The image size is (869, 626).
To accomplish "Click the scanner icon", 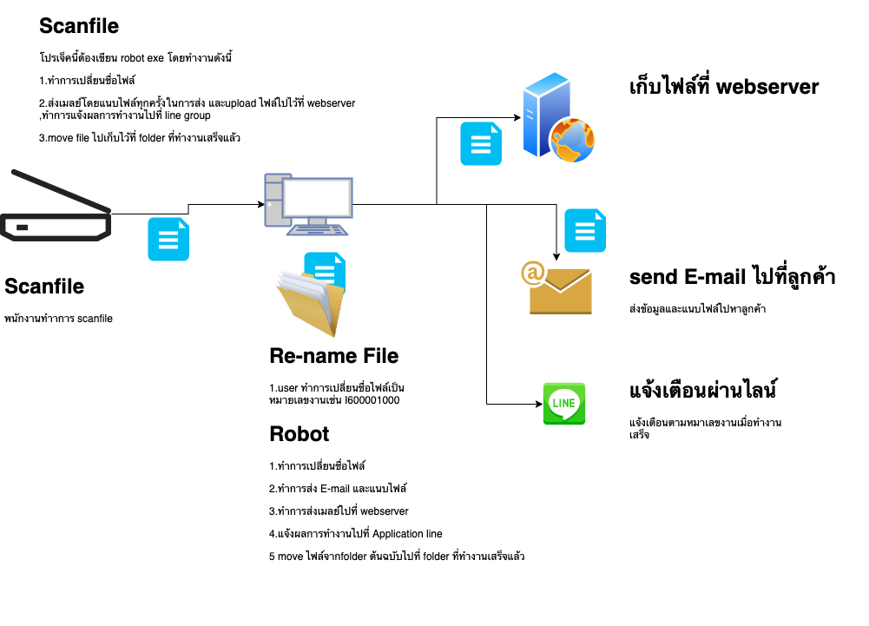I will [x=56, y=209].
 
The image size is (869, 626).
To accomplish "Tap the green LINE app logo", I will [x=563, y=404].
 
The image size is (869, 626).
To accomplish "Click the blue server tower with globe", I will [x=556, y=120].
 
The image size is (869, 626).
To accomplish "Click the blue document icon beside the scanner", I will [x=168, y=240].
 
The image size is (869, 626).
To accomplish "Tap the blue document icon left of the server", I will [x=480, y=143].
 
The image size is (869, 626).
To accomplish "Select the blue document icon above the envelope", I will [x=585, y=231].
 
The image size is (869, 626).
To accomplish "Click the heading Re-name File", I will [x=334, y=356].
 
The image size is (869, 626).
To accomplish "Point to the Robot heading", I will [x=300, y=434].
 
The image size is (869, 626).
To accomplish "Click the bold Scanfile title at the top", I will [x=79, y=27].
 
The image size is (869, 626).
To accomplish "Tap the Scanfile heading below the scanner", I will [x=44, y=287].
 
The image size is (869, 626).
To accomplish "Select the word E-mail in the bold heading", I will [x=714, y=278].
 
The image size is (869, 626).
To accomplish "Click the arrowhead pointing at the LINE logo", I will [x=538, y=404].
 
